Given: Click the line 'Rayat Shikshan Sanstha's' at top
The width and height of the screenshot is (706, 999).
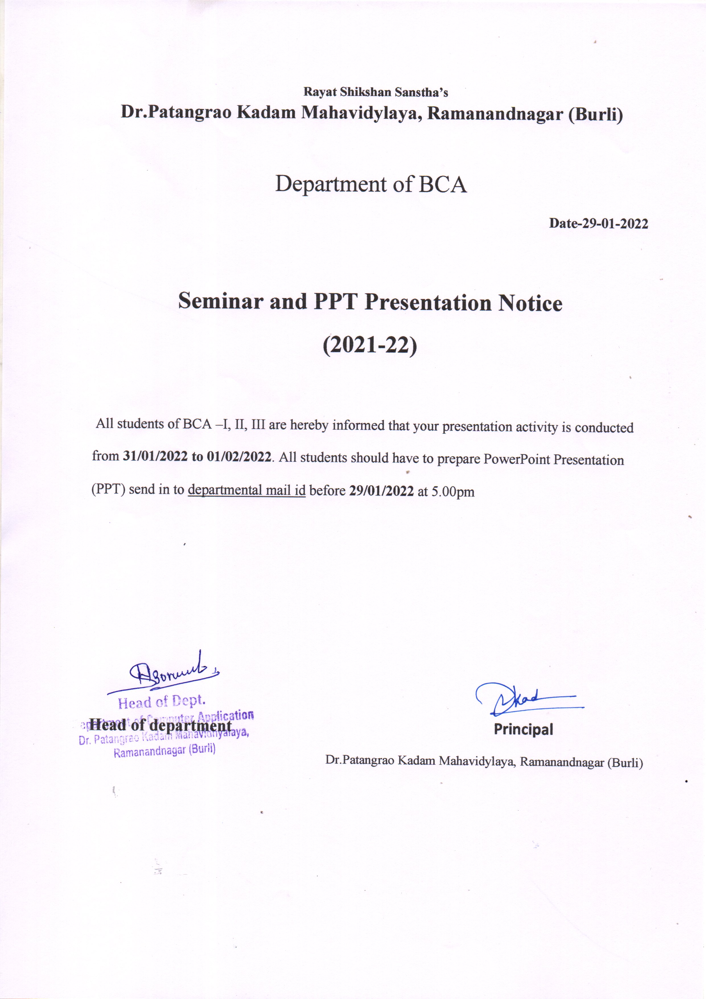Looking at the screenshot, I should pyautogui.click(x=375, y=92).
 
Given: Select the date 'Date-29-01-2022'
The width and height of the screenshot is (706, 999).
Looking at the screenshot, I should pyautogui.click(x=598, y=224).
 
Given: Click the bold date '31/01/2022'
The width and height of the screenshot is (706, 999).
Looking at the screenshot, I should pyautogui.click(x=155, y=456).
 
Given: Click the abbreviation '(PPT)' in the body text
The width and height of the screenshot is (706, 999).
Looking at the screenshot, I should pyautogui.click(x=109, y=489).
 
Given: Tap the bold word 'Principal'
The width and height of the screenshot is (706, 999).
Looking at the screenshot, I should pyautogui.click(x=523, y=729).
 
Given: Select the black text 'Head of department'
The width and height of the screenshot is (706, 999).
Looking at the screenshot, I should pyautogui.click(x=160, y=726).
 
